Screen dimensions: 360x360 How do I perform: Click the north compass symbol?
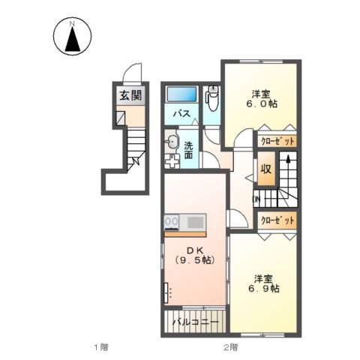pyautogui.click(x=73, y=38)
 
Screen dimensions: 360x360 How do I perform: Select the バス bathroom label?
pyautogui.click(x=181, y=114)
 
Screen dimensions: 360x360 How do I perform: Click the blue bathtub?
pyautogui.click(x=181, y=95)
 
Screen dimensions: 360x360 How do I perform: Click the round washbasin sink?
pyautogui.click(x=172, y=142)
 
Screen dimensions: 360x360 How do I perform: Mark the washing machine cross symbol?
pyautogui.click(x=172, y=159)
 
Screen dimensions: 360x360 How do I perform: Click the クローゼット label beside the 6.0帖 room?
pyautogui.click(x=277, y=140)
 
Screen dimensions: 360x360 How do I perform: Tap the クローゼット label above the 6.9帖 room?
pyautogui.click(x=277, y=220)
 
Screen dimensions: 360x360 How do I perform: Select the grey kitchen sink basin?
pyautogui.click(x=194, y=221)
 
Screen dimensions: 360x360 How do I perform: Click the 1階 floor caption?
pyautogui.click(x=102, y=347)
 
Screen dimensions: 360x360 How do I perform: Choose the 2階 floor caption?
pyautogui.click(x=229, y=347)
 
